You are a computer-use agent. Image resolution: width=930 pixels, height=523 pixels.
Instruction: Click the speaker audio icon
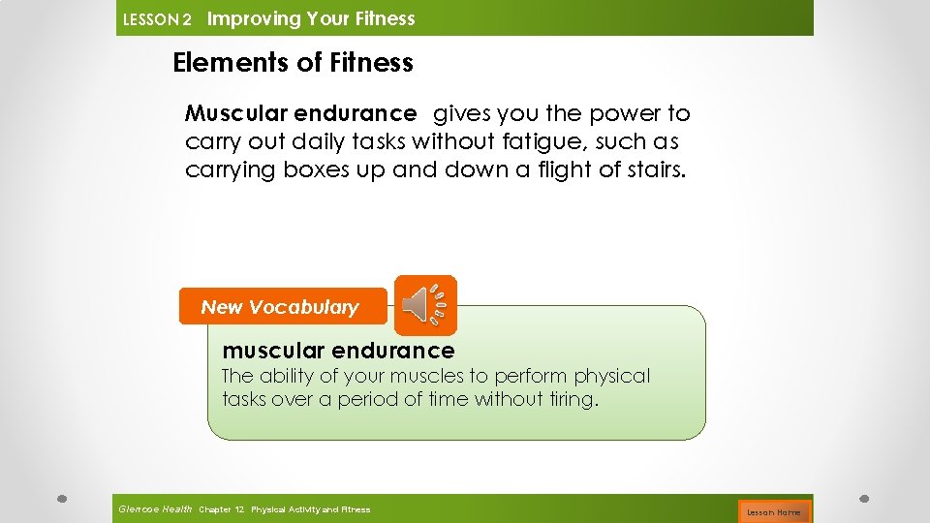(x=424, y=305)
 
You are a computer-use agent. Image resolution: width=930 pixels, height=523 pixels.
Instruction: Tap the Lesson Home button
(x=773, y=511)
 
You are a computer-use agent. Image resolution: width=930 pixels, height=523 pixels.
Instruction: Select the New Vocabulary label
(x=280, y=307)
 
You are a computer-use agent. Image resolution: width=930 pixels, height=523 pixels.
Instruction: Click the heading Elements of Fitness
(x=293, y=63)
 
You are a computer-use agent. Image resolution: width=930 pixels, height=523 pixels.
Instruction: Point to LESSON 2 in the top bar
(x=158, y=19)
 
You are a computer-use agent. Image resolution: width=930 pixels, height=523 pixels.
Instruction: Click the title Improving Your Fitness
(x=311, y=18)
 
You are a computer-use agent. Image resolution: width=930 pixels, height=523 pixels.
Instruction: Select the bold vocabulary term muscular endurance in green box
(x=338, y=350)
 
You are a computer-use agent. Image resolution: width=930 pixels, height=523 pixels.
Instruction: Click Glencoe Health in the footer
(x=155, y=509)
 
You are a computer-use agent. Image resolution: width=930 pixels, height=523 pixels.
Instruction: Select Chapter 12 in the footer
(x=222, y=509)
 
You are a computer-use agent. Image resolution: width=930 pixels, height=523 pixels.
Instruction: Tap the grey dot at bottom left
(x=61, y=499)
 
